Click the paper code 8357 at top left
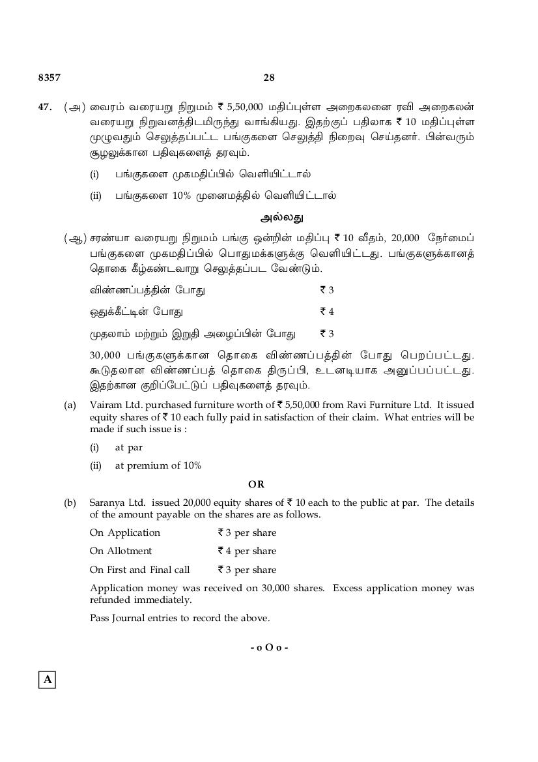[50, 78]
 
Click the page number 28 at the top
[269, 78]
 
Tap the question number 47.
[45, 106]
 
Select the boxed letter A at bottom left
[47, 680]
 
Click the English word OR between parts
[257, 484]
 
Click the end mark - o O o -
[269, 647]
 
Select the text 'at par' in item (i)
[128, 447]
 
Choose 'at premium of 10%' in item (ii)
[158, 465]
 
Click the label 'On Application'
[124, 533]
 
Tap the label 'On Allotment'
[120, 551]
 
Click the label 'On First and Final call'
[139, 570]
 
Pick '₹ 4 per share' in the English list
[247, 551]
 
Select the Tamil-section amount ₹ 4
[327, 312]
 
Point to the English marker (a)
[70, 405]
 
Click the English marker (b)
[70, 503]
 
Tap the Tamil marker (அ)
[74, 107]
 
